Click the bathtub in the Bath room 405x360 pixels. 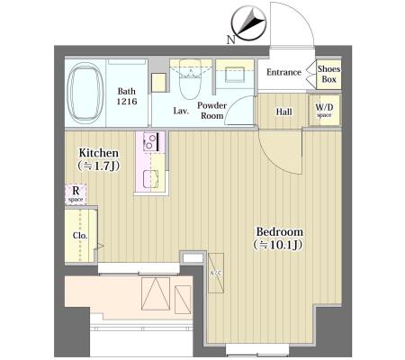(85, 93)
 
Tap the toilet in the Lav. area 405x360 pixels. (190, 79)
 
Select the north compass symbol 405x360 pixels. (248, 23)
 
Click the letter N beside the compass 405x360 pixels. (230, 40)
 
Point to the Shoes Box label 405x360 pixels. (328, 74)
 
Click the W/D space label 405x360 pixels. (324, 110)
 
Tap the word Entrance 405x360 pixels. (283, 72)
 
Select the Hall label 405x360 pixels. (283, 112)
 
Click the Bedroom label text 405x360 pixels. (280, 232)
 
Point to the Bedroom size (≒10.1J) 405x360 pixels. (278, 245)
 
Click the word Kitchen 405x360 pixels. (99, 153)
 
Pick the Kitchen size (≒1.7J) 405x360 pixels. (99, 166)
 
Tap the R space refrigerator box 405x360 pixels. (76, 194)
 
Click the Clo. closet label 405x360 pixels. (80, 236)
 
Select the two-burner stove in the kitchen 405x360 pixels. (151, 141)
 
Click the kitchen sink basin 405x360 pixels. (150, 179)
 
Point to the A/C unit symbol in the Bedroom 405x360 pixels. (216, 273)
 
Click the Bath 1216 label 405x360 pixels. (127, 96)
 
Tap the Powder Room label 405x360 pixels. (211, 111)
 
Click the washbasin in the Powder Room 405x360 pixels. (235, 74)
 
